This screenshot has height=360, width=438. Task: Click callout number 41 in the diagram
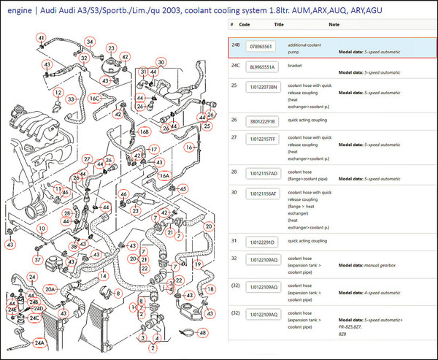coord(42,37)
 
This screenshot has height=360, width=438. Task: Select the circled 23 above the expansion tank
coord(111,48)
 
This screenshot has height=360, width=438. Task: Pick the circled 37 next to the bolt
coord(38,259)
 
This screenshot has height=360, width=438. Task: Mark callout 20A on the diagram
coord(50,290)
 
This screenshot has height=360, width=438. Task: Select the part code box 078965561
coord(261,47)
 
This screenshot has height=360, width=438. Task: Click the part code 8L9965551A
coord(263,66)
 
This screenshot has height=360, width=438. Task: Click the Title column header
coord(278,24)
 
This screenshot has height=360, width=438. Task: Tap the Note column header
coord(334,24)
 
